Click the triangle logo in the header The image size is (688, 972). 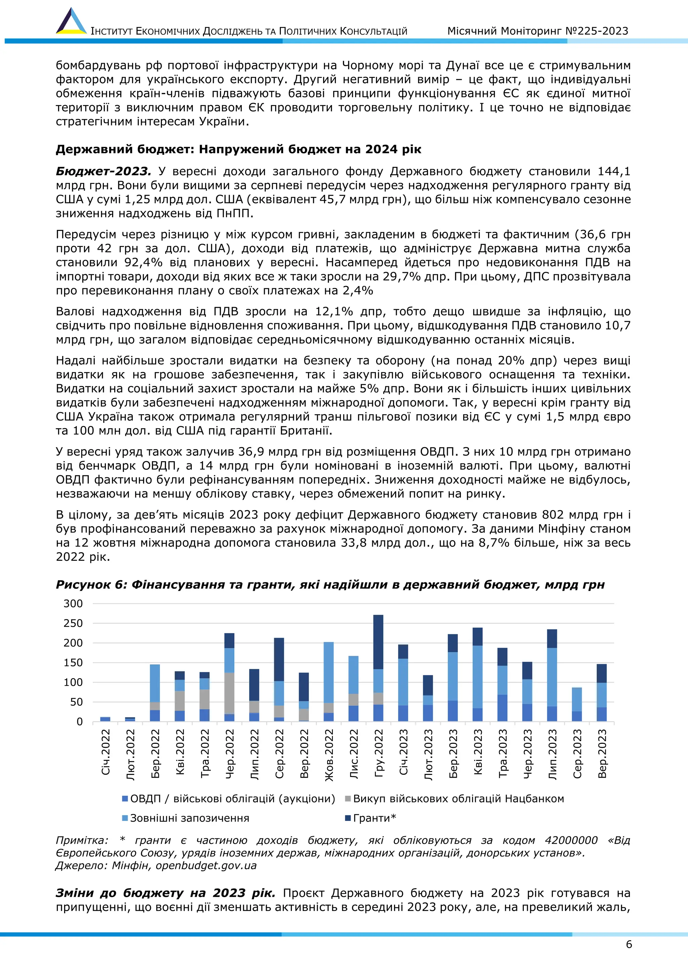[71, 21]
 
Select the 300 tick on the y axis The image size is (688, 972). [73, 604]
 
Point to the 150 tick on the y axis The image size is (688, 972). [73, 663]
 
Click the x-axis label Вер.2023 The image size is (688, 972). [602, 753]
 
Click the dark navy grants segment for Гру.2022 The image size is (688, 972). [378, 642]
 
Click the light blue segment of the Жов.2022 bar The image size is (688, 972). [329, 672]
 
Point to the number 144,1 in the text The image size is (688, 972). [614, 172]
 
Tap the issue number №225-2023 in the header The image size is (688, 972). [597, 31]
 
